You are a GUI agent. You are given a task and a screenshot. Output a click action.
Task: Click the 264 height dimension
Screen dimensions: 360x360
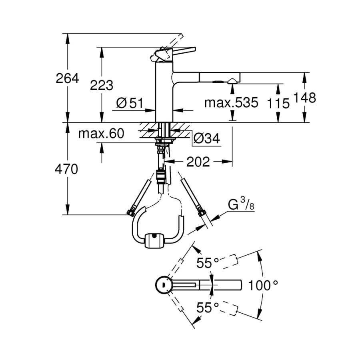point(67,78)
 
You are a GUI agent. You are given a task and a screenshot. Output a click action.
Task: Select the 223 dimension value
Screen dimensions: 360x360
point(102,85)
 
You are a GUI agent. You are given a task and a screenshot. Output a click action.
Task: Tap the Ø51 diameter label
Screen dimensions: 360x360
point(130,104)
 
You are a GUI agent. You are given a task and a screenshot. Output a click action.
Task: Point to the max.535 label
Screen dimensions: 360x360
point(231,103)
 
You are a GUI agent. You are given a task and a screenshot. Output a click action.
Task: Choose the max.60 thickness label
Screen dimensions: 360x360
point(101,133)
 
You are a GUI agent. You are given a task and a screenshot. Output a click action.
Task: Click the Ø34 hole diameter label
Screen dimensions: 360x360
point(206,139)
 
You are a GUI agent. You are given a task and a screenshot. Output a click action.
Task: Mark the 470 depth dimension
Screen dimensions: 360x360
point(67,169)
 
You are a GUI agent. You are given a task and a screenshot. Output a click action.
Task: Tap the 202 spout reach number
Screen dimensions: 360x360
point(198,162)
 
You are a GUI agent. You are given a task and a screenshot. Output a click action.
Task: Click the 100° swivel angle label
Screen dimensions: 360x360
point(263,286)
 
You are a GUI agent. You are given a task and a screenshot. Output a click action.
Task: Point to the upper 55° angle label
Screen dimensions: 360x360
point(208,263)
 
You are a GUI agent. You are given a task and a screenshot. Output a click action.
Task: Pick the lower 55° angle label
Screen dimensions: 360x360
point(208,307)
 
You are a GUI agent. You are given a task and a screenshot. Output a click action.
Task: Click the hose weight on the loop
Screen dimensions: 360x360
point(153,241)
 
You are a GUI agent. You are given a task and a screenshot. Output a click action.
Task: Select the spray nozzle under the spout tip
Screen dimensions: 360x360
point(232,81)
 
